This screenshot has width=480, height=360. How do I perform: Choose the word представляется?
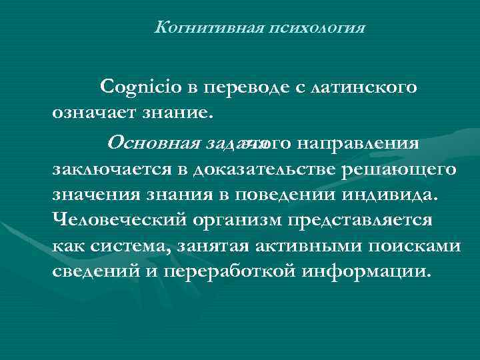tap(370, 219)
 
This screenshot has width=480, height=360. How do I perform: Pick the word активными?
tap(297, 246)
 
